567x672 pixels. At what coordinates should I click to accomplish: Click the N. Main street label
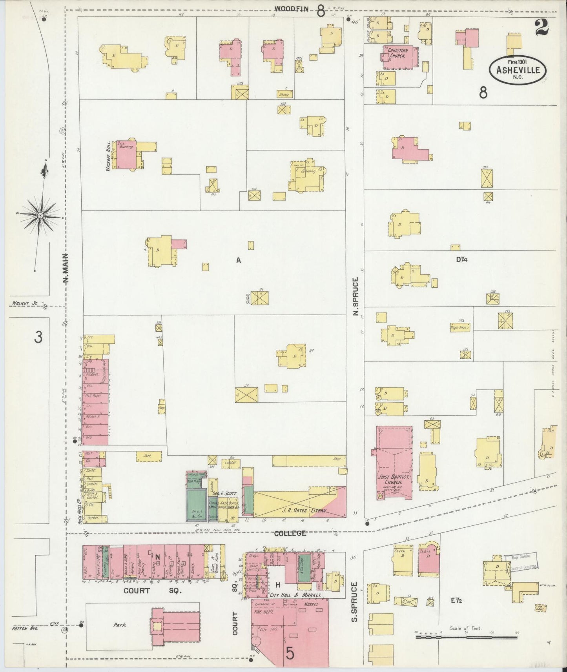click(66, 268)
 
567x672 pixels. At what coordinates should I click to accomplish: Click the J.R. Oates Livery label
click(299, 511)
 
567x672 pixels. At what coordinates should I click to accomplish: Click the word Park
click(120, 625)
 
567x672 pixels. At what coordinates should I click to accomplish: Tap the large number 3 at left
click(38, 337)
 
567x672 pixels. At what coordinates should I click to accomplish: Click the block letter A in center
click(238, 260)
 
